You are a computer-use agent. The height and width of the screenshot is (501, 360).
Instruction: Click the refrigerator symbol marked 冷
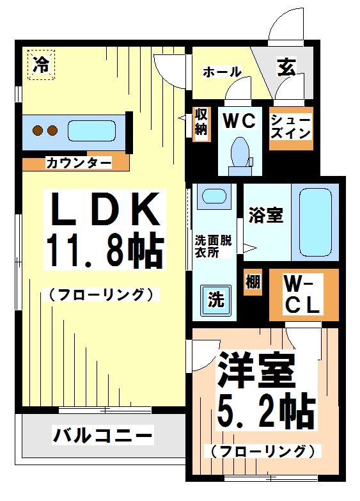click(41, 64)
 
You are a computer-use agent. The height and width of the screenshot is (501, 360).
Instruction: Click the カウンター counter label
click(77, 163)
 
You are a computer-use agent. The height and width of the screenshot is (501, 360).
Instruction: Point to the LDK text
click(104, 209)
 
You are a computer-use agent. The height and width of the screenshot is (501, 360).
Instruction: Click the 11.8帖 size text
click(104, 251)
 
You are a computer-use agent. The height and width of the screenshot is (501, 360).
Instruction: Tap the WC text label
click(239, 119)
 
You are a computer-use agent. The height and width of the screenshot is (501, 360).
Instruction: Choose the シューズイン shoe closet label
click(291, 127)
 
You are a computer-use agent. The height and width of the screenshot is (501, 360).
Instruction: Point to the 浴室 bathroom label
click(265, 215)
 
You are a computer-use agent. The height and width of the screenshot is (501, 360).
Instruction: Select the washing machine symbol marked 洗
click(214, 299)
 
